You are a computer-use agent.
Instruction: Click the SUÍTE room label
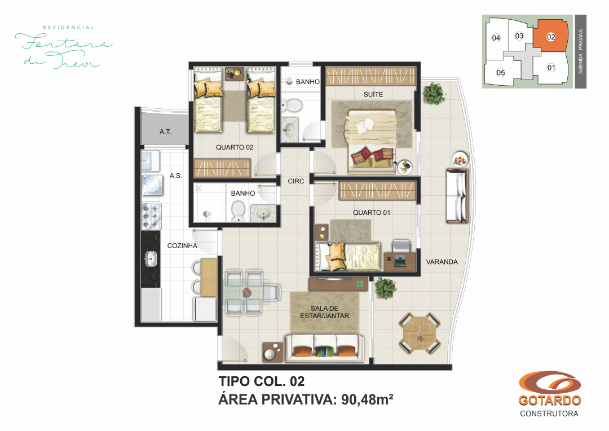click(x=373, y=94)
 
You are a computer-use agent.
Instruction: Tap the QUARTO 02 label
click(x=235, y=147)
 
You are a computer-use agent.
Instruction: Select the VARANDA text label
click(x=442, y=262)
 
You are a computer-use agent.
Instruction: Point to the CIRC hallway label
click(x=295, y=181)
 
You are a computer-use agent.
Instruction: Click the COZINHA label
click(x=182, y=245)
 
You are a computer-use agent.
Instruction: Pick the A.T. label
click(x=165, y=132)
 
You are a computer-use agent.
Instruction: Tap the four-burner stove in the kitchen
click(x=151, y=216)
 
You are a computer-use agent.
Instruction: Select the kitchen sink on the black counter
click(x=151, y=258)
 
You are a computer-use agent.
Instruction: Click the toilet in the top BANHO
click(x=292, y=105)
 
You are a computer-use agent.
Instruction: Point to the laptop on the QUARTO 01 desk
click(x=400, y=261)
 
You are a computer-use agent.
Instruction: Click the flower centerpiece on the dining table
click(x=247, y=292)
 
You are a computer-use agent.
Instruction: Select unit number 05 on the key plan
click(x=501, y=73)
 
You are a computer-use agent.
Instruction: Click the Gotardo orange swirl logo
click(x=550, y=383)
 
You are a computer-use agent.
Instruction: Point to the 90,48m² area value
click(x=367, y=399)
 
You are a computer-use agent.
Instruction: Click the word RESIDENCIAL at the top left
click(x=68, y=28)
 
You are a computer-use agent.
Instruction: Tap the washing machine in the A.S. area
click(x=152, y=185)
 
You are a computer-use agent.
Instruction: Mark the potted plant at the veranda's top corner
click(x=434, y=93)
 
